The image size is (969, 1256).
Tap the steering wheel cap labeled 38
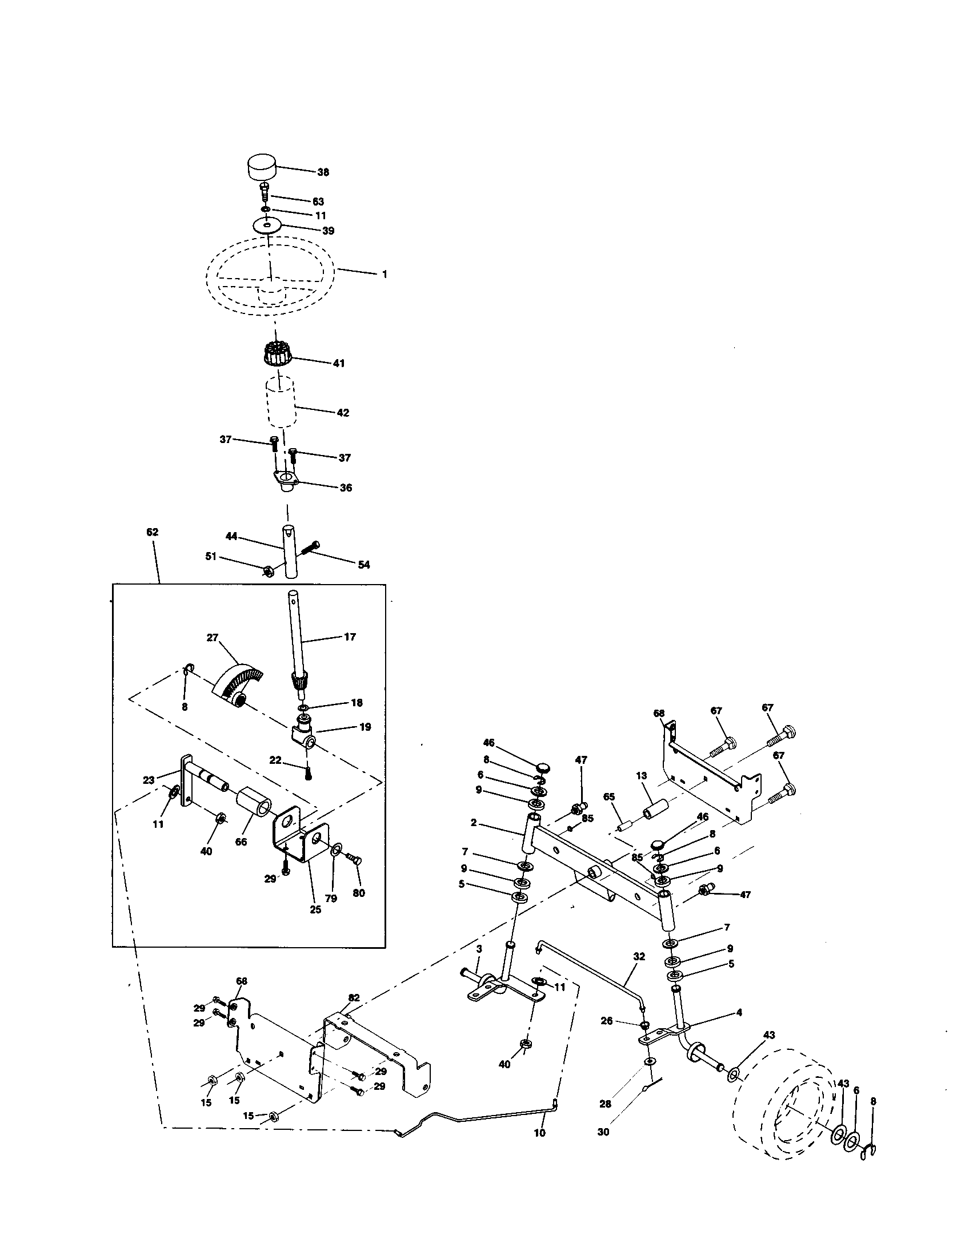tap(262, 167)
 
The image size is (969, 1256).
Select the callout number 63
tap(318, 202)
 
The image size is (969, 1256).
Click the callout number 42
tap(342, 413)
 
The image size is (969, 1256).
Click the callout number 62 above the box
tap(152, 533)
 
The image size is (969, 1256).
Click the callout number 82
tap(354, 998)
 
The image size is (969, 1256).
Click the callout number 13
tap(642, 776)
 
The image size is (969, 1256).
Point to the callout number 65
tap(609, 797)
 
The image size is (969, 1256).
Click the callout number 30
tap(603, 1132)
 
